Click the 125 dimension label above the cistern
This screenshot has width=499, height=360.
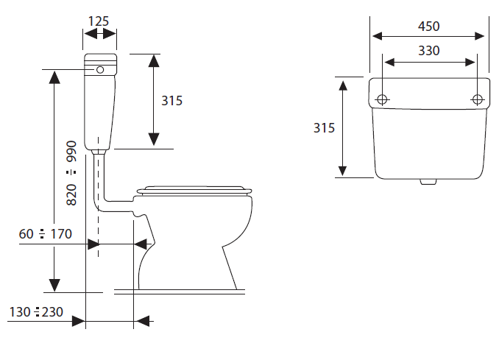pyautogui.click(x=99, y=21)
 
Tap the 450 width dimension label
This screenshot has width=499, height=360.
pyautogui.click(x=428, y=26)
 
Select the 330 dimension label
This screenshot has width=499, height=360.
pyautogui.click(x=428, y=51)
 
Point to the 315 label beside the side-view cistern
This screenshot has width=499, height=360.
pyautogui.click(x=171, y=101)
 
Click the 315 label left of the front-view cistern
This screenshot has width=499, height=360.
pyautogui.click(x=324, y=128)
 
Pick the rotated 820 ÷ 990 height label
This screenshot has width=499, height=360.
pyautogui.click(x=71, y=173)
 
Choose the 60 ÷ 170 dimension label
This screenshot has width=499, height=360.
pyautogui.click(x=46, y=234)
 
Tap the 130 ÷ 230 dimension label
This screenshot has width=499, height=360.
pyautogui.click(x=36, y=312)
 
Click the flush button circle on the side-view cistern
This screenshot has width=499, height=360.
pyautogui.click(x=100, y=70)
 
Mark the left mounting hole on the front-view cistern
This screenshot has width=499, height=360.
pyautogui.click(x=382, y=99)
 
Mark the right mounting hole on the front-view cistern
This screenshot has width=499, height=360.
pyautogui.click(x=477, y=99)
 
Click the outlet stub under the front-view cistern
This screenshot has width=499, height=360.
pyautogui.click(x=428, y=182)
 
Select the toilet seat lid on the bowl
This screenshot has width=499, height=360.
pyautogui.click(x=194, y=191)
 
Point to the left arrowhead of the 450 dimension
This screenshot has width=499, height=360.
pyautogui.click(x=378, y=36)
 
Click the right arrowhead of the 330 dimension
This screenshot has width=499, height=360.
pyautogui.click(x=470, y=63)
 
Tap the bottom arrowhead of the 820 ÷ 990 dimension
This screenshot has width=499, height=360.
pyautogui.click(x=54, y=285)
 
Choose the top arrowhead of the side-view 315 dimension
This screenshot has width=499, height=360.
pyautogui.click(x=154, y=61)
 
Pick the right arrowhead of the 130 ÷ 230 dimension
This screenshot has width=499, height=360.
pyautogui.click(x=142, y=321)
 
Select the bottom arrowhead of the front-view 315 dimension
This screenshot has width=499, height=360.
pyautogui.click(x=342, y=172)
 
